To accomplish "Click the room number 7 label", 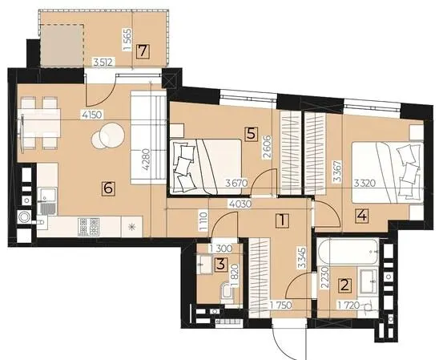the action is tap(143, 51).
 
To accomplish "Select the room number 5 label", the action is tap(252, 133).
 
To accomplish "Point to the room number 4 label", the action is tap(362, 216).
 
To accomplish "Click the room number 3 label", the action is tap(220, 265).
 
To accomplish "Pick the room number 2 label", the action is tap(345, 285).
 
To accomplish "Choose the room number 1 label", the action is tap(283, 220).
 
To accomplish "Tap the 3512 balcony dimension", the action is tap(104, 62).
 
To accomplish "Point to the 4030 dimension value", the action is tap(240, 204).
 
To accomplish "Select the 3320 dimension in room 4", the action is tap(364, 184).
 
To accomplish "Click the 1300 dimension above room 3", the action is tap(220, 249).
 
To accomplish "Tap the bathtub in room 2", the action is tap(348, 252).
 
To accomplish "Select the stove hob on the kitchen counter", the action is tap(88, 227).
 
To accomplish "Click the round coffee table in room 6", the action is tap(108, 136).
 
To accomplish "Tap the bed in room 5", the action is tap(205, 166).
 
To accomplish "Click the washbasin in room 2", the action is tap(368, 281).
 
